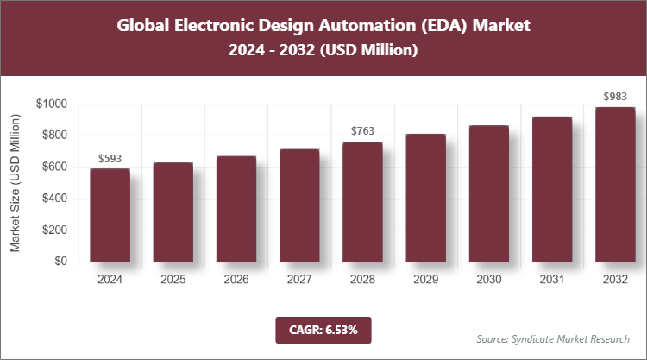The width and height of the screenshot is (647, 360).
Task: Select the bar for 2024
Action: coord(110,215)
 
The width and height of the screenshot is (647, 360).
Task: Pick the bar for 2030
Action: coord(488,193)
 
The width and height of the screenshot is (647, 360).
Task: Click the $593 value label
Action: coord(110,159)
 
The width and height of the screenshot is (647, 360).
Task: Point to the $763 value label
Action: coord(362,131)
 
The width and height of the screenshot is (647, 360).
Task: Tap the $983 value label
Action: coord(615,97)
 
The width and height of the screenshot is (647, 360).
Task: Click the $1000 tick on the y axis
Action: coord(53,104)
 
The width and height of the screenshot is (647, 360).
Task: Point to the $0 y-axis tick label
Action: coord(60,262)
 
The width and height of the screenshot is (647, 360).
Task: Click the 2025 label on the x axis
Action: coord(173,280)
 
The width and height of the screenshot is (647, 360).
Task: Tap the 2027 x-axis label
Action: coord(299,280)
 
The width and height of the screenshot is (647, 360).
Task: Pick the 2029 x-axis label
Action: coord(425,280)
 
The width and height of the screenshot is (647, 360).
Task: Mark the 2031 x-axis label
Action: coord(552,280)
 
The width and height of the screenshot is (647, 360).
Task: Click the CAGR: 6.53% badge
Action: coord(323,329)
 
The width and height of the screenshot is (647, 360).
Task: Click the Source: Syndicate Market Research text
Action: coord(552,338)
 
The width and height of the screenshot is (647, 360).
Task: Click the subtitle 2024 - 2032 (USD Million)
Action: coord(323,51)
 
